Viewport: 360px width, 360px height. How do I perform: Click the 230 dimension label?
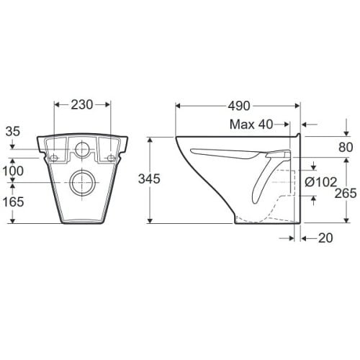tap(81, 105)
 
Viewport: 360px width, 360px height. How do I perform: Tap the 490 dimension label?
tap(239, 106)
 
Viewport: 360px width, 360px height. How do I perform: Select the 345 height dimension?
tap(149, 179)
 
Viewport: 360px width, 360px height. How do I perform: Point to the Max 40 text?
tap(251, 125)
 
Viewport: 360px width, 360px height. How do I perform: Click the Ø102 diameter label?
tap(321, 182)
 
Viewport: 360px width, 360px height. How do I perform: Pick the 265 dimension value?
tap(346, 193)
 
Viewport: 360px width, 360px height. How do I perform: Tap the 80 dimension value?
tap(346, 148)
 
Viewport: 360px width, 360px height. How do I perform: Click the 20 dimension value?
tap(325, 238)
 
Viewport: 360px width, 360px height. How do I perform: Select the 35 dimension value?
tap(13, 132)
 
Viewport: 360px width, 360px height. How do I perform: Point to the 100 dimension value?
tap(13, 171)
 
